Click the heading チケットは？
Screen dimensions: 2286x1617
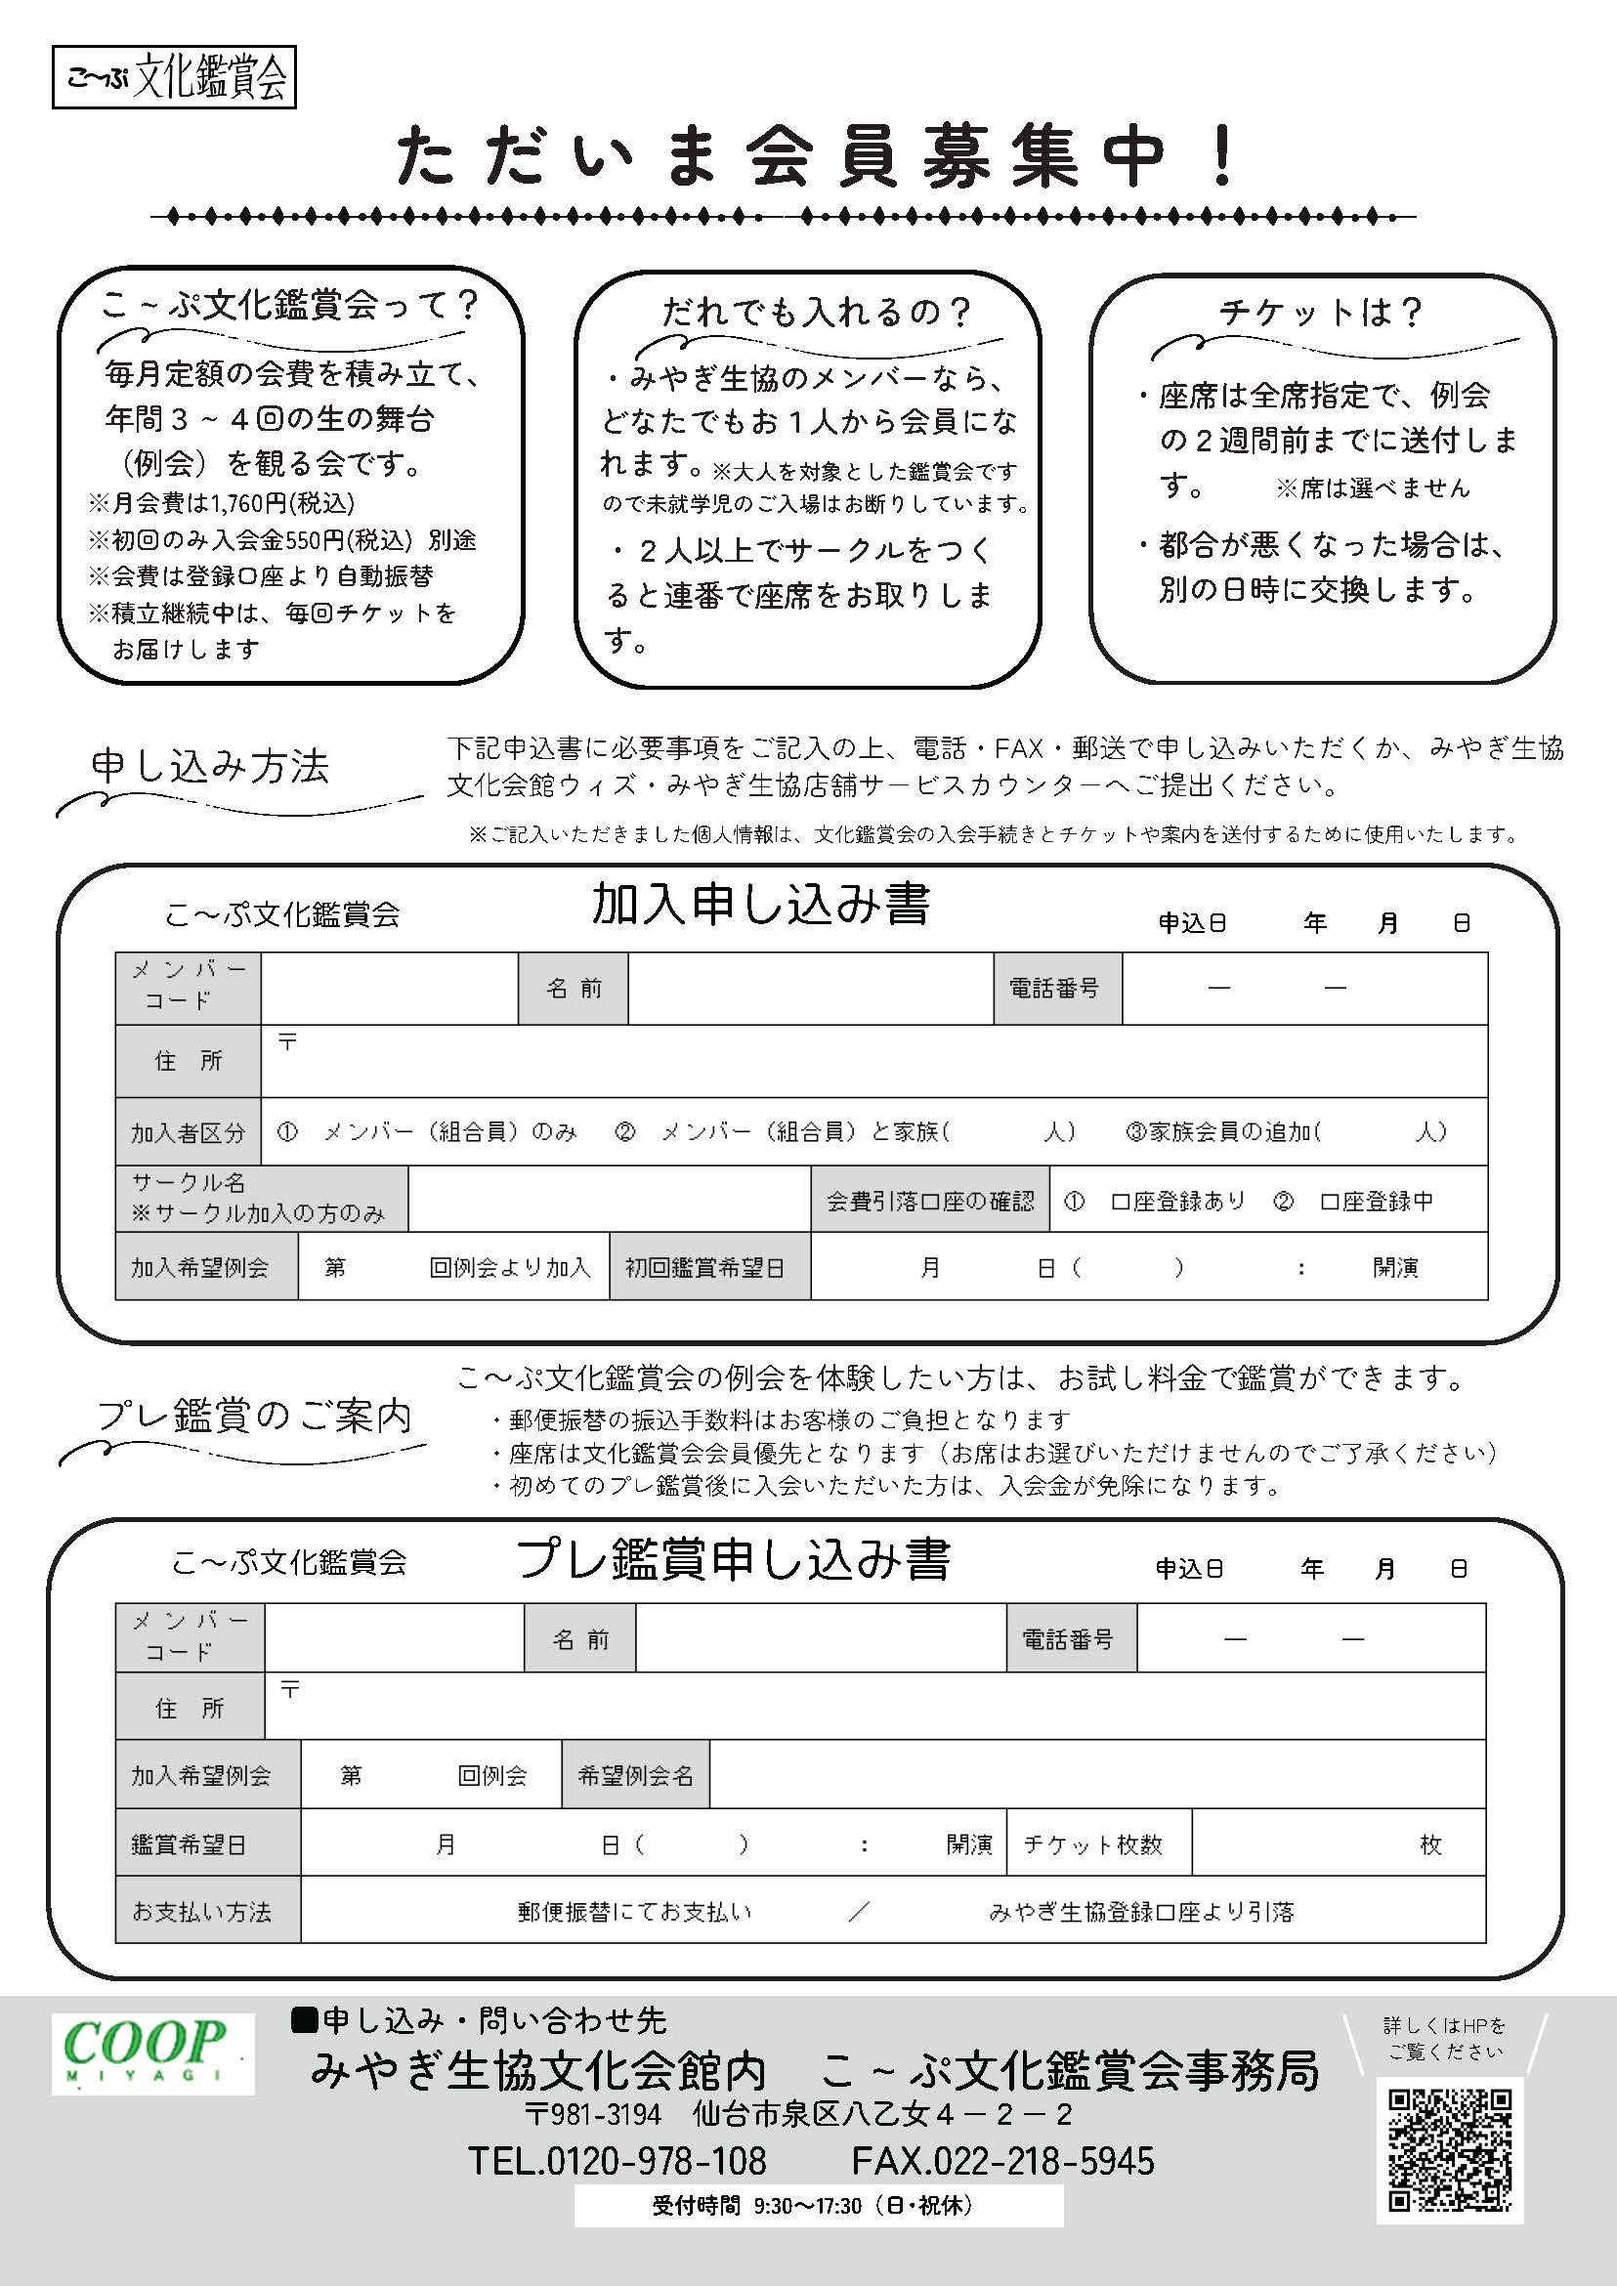[1321, 313]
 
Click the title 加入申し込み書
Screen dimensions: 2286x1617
[761, 905]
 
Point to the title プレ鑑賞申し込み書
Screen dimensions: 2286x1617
[733, 1559]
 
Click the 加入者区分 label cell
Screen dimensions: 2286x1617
[188, 1132]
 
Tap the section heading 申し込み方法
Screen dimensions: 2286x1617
[210, 766]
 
